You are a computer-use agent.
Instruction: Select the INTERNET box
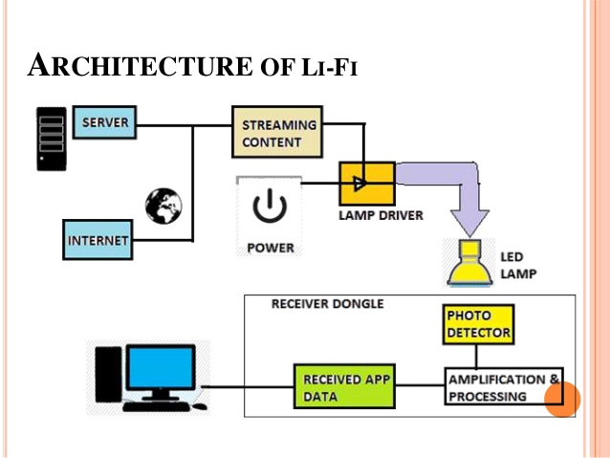tap(97, 241)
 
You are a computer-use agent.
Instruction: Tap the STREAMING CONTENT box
tap(272, 134)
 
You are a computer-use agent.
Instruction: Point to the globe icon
tap(163, 205)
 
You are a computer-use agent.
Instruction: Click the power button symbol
tap(269, 207)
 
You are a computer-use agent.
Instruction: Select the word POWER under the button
tap(271, 248)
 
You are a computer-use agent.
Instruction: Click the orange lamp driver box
tap(367, 182)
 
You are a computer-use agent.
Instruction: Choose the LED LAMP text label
tap(519, 265)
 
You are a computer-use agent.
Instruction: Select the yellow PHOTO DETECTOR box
tap(479, 324)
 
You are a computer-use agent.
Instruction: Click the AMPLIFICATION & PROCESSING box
tap(503, 387)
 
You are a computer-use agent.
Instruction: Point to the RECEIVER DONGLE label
tap(327, 304)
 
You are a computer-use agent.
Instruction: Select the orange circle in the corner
tap(562, 400)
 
